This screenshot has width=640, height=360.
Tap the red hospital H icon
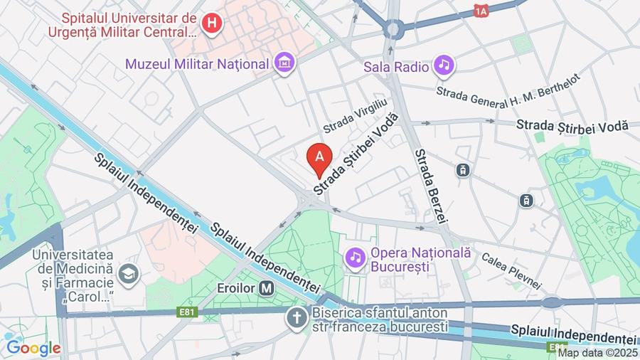(211, 23)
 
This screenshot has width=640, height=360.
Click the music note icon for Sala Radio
(445, 66)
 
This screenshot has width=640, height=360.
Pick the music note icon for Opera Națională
(356, 256)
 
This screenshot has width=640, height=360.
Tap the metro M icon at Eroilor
(267, 289)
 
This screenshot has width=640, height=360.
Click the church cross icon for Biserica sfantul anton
(296, 318)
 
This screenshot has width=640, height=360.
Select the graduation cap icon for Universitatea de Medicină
(129, 273)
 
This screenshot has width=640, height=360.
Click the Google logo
(33, 349)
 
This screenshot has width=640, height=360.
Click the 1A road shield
(482, 11)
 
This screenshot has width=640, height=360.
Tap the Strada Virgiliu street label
(356, 115)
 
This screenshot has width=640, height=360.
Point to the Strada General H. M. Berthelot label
(509, 85)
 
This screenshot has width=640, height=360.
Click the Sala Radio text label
(396, 67)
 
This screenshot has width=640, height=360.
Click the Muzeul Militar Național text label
(198, 63)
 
